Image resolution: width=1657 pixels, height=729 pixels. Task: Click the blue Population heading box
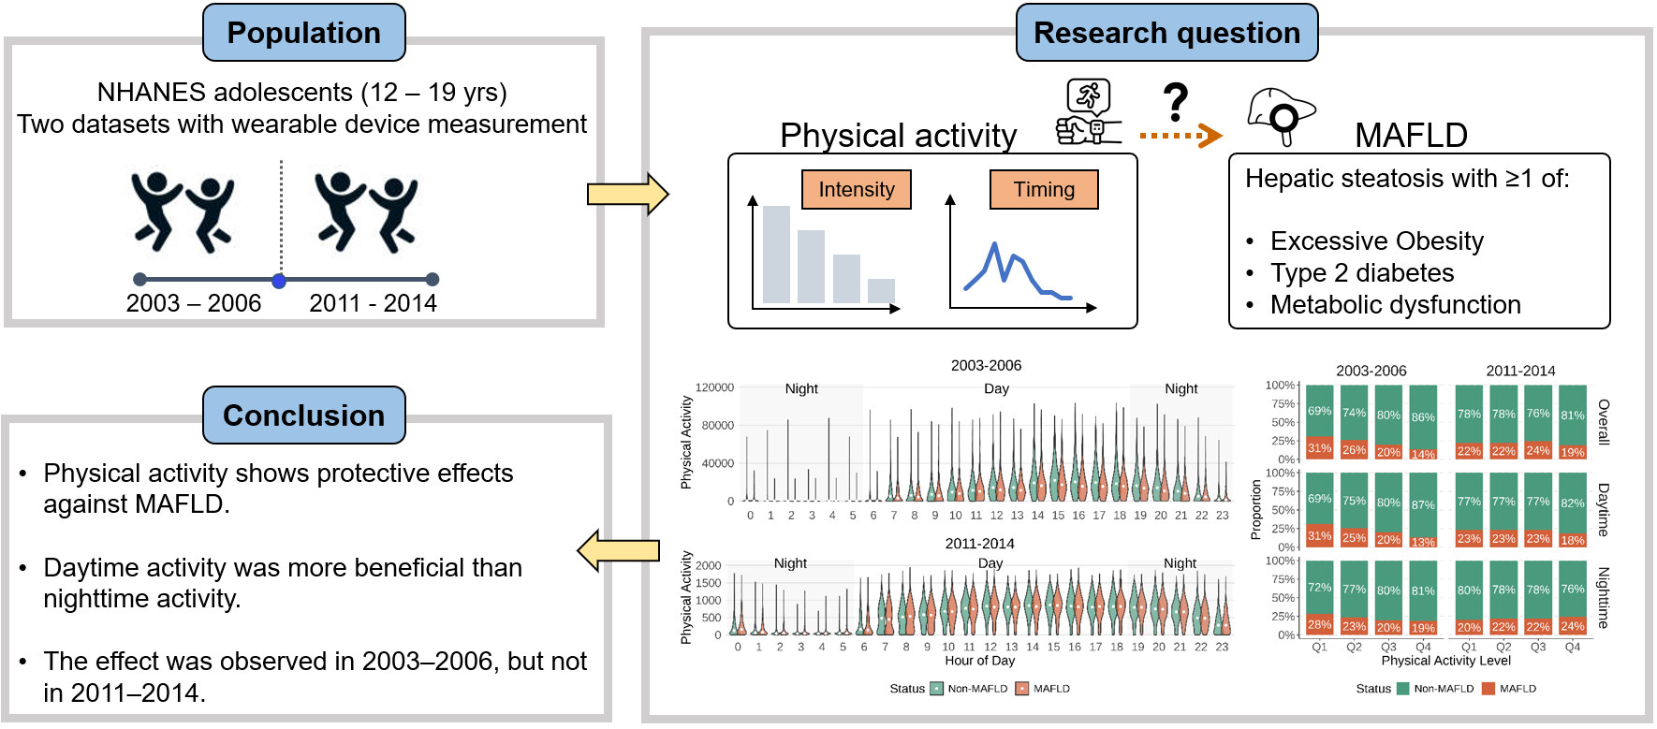click(x=303, y=33)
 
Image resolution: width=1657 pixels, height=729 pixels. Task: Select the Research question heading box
click(x=1166, y=33)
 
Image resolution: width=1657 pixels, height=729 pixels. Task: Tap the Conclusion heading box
click(x=303, y=416)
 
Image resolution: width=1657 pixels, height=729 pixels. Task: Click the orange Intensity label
click(x=857, y=189)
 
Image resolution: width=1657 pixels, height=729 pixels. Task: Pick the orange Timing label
click(x=1044, y=189)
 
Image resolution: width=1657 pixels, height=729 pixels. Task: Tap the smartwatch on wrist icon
click(x=1088, y=112)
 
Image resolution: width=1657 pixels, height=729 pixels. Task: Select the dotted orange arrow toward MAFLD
click(x=1180, y=136)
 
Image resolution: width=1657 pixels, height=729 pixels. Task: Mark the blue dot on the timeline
click(x=279, y=281)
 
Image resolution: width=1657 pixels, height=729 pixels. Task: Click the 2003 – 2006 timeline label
click(x=194, y=303)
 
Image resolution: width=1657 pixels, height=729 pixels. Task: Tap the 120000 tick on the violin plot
click(x=714, y=387)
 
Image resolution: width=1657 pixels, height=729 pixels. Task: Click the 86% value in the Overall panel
click(x=1423, y=417)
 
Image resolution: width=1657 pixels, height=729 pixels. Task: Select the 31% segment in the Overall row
click(x=1319, y=448)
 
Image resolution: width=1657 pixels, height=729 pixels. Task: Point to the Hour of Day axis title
click(x=979, y=661)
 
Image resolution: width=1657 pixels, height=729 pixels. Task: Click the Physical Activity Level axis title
click(x=1446, y=661)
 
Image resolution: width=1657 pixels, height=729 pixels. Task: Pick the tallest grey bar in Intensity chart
click(x=776, y=254)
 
